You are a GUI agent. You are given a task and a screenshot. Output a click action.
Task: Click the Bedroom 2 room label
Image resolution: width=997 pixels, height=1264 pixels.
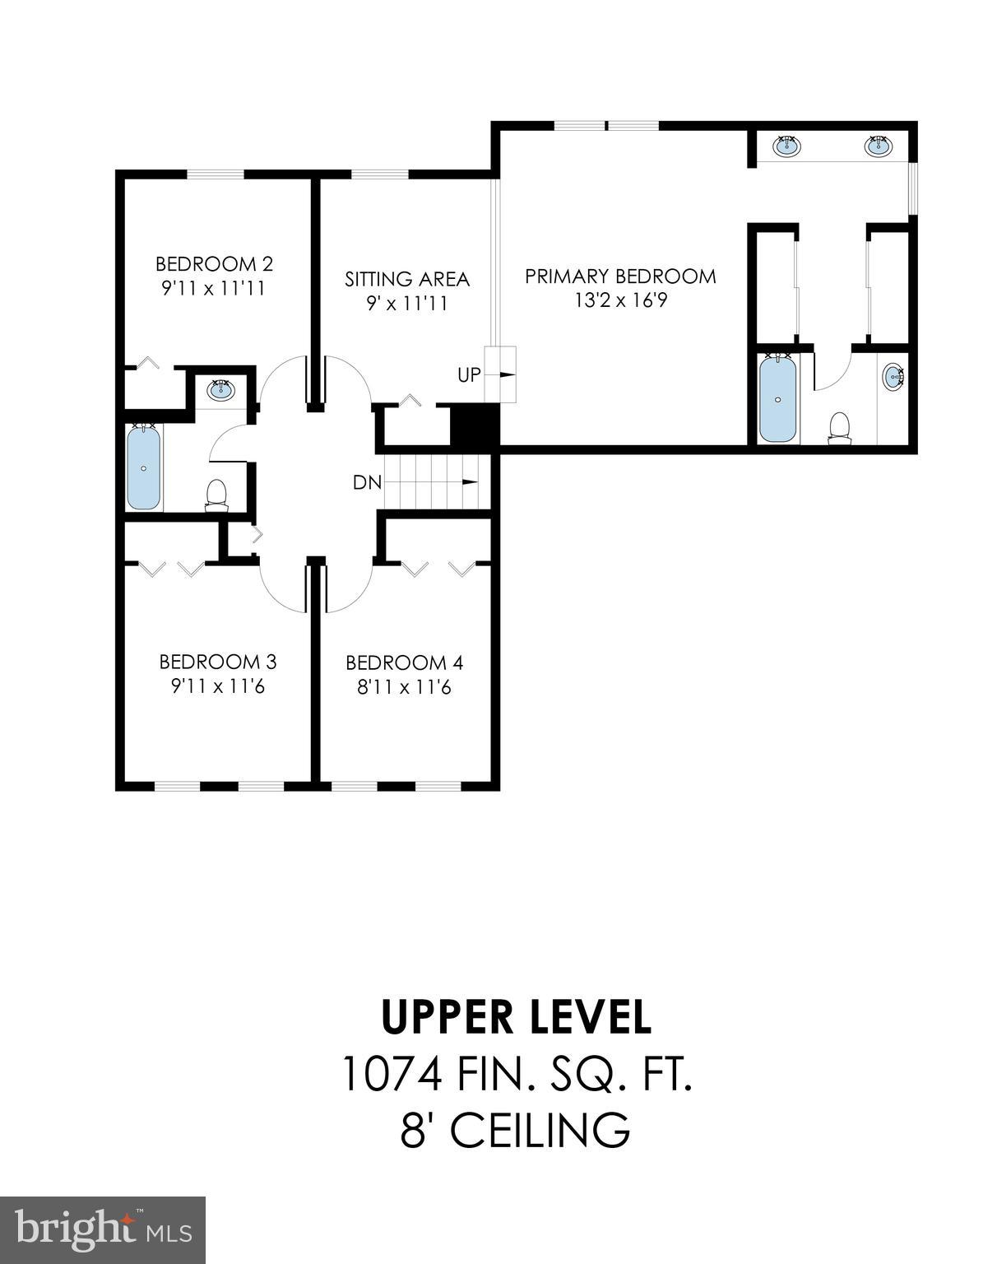[214, 264]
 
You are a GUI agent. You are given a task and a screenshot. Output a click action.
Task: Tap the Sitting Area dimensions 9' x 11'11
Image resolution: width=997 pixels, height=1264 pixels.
[406, 304]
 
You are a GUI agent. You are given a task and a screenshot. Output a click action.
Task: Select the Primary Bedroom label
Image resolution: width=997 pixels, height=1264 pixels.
[620, 276]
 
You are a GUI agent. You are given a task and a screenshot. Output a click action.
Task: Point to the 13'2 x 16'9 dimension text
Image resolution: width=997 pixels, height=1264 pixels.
[620, 300]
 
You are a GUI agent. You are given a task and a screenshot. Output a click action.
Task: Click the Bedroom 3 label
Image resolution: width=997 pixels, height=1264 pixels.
[217, 662]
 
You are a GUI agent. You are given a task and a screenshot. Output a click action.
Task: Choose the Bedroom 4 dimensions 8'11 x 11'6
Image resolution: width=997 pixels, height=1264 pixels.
[404, 687]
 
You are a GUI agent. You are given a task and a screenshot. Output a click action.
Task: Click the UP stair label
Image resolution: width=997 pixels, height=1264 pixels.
[469, 375]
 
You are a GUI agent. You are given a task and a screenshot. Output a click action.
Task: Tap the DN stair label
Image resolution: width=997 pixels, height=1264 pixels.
[367, 483]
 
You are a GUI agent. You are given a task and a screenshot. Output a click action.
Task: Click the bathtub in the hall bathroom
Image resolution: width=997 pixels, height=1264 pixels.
[143, 467]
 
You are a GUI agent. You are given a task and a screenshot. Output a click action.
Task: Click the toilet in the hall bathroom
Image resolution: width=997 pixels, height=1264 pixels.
[216, 495]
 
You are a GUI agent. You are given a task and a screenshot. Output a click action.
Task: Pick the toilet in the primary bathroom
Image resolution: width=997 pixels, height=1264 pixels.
[839, 428]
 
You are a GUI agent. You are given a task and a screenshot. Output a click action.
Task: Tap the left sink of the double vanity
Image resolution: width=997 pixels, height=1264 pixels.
[787, 146]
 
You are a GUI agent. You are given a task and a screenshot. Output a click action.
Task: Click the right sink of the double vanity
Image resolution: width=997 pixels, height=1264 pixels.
[878, 146]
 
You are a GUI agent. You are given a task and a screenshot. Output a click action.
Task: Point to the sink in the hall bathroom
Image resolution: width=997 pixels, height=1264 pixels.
[220, 389]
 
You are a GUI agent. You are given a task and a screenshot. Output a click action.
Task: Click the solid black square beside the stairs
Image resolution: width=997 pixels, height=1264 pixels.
[475, 426]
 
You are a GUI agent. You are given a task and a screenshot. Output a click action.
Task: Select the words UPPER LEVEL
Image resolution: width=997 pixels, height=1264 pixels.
[517, 1018]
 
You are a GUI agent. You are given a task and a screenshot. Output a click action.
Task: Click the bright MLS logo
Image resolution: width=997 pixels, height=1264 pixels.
[103, 1229]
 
